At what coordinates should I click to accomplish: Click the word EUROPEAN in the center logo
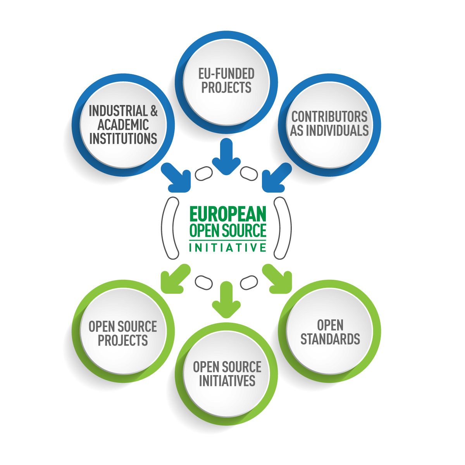click(x=227, y=214)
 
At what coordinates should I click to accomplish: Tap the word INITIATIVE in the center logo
click(x=227, y=247)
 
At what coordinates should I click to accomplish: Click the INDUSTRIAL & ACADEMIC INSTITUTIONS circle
click(x=123, y=125)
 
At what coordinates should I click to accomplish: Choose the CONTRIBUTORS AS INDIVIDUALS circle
click(x=329, y=124)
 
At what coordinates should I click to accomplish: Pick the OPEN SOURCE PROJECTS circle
click(x=123, y=333)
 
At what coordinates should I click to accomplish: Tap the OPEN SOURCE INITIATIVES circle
click(x=227, y=374)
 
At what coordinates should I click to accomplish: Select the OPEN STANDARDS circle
click(x=330, y=332)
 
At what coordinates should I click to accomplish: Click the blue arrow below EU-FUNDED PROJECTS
click(x=226, y=157)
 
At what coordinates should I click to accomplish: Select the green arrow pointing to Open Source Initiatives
click(x=226, y=300)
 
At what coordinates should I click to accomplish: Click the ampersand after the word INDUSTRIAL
click(x=153, y=111)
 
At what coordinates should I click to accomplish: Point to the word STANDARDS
click(x=330, y=339)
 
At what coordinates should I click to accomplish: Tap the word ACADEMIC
click(x=123, y=125)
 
